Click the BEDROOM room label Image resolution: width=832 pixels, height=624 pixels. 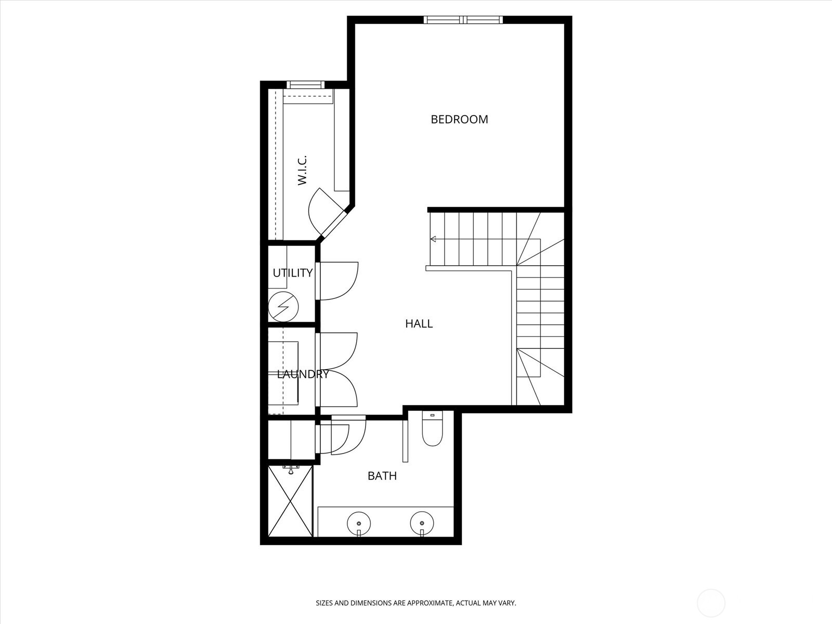(x=459, y=119)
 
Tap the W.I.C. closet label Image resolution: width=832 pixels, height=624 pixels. (x=302, y=170)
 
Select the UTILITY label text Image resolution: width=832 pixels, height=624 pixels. (x=293, y=273)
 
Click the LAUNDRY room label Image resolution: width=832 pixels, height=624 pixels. (x=303, y=374)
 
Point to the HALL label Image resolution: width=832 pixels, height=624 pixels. (x=419, y=323)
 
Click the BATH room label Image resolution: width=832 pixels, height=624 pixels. (x=382, y=475)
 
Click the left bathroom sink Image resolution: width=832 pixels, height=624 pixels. (x=359, y=522)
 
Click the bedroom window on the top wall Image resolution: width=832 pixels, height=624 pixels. (x=463, y=20)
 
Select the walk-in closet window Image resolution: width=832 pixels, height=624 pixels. (x=305, y=84)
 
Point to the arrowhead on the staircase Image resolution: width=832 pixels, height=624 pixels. (x=433, y=239)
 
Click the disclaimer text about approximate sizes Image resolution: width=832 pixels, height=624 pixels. (x=416, y=603)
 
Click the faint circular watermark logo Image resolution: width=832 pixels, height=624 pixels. (x=711, y=604)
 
